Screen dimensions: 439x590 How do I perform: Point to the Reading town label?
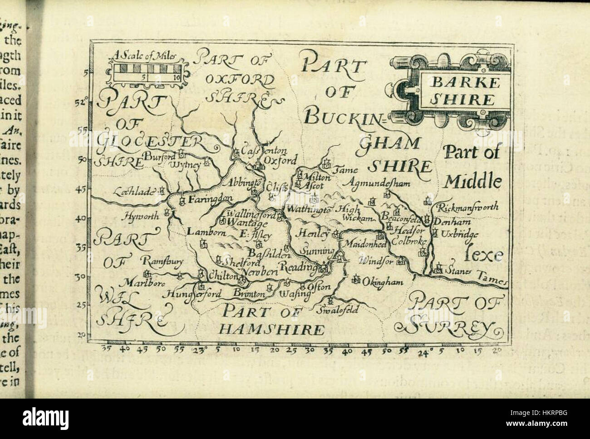[x=300, y=267]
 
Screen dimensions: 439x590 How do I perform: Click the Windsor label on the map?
[x=375, y=261]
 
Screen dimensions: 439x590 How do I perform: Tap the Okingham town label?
[x=383, y=282]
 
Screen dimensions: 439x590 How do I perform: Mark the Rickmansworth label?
[x=467, y=207]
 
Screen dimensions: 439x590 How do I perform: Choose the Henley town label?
[x=313, y=234]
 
